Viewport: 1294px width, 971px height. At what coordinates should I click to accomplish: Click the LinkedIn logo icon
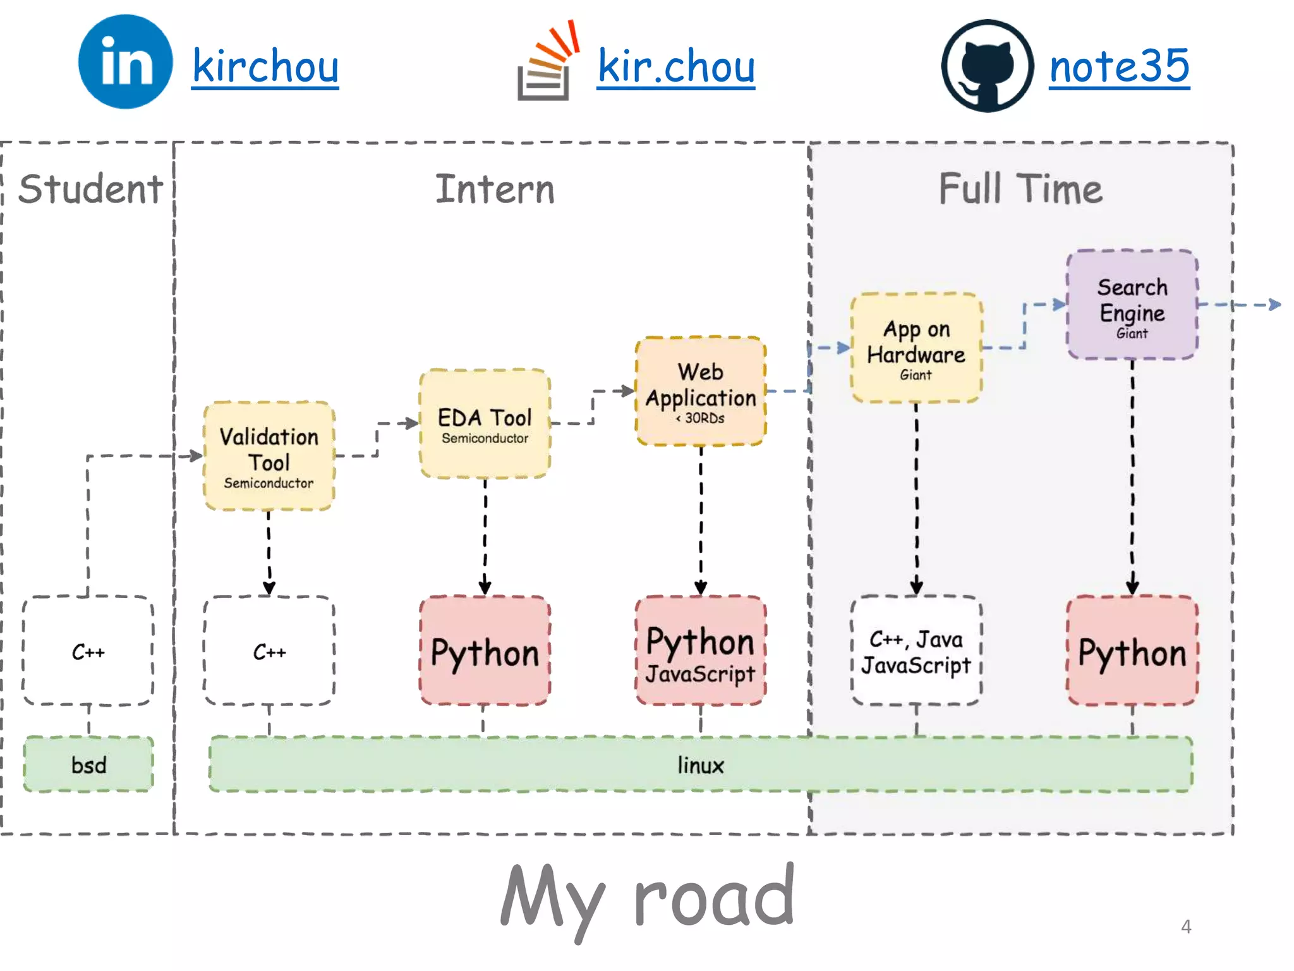tap(125, 62)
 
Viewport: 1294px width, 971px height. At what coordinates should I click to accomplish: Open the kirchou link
tap(265, 66)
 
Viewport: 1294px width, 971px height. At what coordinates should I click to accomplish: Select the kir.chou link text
tap(675, 66)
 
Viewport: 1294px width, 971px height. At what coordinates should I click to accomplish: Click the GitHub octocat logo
tap(987, 66)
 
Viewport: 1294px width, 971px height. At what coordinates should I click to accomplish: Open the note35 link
tap(1119, 66)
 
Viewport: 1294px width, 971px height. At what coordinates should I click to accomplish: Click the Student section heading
tap(90, 188)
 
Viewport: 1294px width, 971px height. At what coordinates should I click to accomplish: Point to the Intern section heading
tap(495, 188)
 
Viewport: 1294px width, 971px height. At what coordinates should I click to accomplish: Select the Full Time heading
tap(1020, 188)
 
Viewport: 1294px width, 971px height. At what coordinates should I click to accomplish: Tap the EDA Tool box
tap(485, 424)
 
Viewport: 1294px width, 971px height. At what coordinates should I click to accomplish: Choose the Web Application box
tap(701, 391)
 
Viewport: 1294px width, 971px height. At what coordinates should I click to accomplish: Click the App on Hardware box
tap(916, 348)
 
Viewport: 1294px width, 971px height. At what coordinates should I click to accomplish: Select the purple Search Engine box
tap(1132, 305)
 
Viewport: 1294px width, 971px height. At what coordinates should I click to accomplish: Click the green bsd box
tap(88, 765)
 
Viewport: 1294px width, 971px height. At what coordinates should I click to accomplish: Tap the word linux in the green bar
tap(700, 765)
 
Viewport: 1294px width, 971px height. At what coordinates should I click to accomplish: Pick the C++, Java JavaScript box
tap(916, 651)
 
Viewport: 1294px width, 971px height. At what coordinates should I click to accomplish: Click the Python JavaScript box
tap(701, 651)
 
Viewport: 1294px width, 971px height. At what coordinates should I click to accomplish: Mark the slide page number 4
tap(1186, 927)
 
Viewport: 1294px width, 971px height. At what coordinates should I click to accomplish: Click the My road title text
tap(647, 898)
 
